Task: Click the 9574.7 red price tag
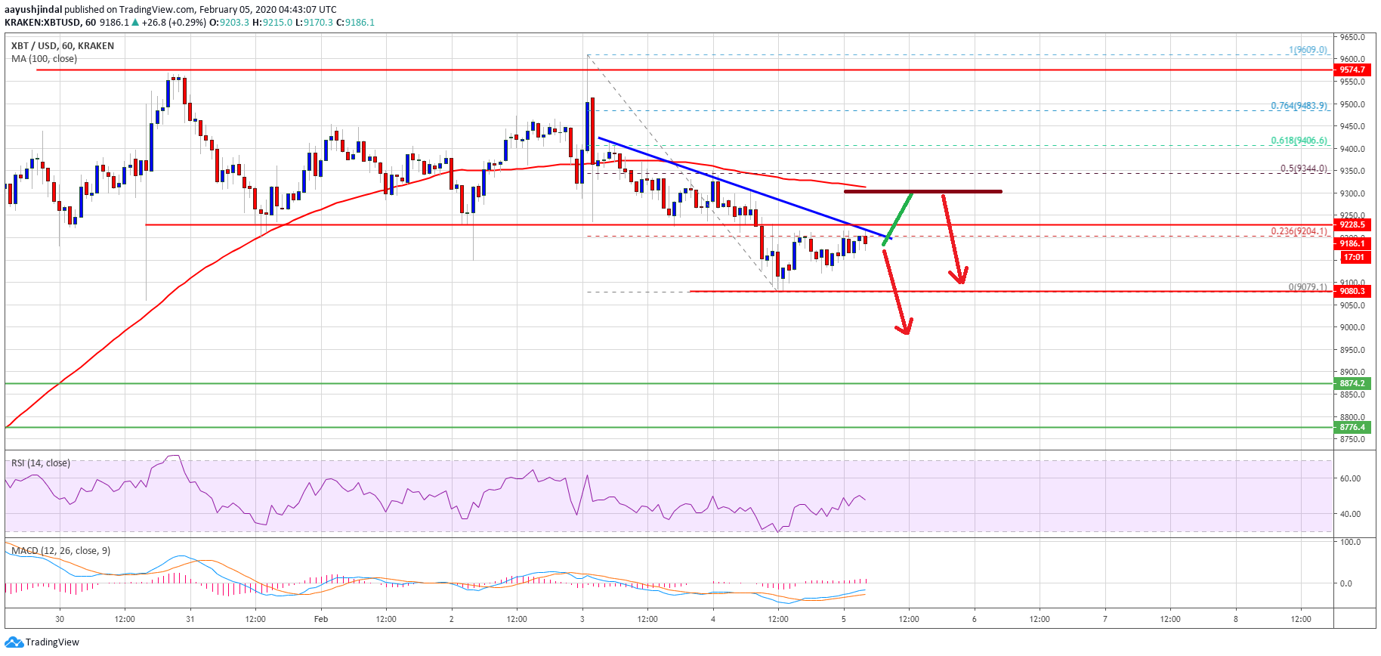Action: click(x=1352, y=70)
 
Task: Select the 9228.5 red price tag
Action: click(x=1352, y=224)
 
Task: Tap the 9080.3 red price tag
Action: click(x=1352, y=291)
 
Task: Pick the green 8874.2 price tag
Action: click(x=1352, y=383)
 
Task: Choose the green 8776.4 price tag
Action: click(x=1352, y=427)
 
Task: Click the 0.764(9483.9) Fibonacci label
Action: click(x=1298, y=106)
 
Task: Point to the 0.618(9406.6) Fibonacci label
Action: click(x=1298, y=141)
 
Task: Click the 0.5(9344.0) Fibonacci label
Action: click(x=1302, y=169)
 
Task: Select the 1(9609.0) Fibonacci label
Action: click(x=1308, y=50)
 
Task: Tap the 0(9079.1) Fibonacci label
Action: click(x=1307, y=287)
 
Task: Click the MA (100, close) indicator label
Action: click(x=44, y=59)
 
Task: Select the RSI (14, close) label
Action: click(x=41, y=463)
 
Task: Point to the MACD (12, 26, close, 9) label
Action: click(x=60, y=551)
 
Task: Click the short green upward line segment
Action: click(x=898, y=218)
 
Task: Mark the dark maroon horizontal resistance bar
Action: click(x=922, y=191)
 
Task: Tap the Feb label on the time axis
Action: click(x=321, y=619)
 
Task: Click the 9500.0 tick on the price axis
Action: click(x=1352, y=104)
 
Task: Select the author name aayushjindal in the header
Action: click(x=33, y=10)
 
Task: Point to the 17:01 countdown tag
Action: click(x=1353, y=258)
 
